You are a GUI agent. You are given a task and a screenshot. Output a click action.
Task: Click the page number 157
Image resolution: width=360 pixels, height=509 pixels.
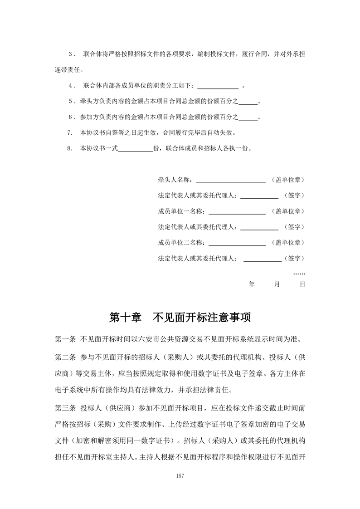(x=180, y=475)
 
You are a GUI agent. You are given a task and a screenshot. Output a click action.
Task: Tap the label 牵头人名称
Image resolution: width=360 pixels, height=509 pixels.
(x=174, y=180)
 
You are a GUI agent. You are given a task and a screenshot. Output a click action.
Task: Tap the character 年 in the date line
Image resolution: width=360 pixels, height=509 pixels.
(x=252, y=284)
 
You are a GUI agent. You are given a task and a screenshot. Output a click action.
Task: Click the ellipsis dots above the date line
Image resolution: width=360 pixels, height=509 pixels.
(x=299, y=274)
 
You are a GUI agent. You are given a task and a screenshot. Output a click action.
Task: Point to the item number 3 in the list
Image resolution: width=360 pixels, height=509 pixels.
(x=70, y=54)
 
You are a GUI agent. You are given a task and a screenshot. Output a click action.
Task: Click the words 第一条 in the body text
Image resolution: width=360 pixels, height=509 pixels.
(x=64, y=339)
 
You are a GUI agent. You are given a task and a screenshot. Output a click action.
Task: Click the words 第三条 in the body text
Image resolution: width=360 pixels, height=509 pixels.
(x=64, y=405)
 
